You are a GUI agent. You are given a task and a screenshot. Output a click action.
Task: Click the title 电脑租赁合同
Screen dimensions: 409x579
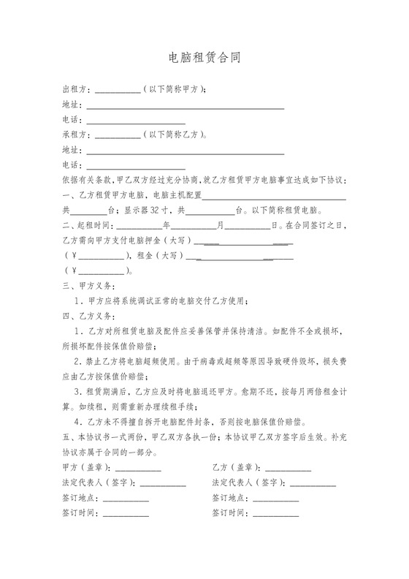tap(204, 58)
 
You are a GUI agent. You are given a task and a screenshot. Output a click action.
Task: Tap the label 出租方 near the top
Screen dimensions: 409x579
tap(75, 90)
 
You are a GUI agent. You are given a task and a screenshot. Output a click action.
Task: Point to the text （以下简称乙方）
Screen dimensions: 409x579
tap(175, 135)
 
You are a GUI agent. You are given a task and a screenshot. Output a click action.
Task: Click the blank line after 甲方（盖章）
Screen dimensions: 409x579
tap(138, 469)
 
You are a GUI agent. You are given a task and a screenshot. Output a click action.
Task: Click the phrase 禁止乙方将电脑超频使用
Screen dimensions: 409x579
tap(136, 362)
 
